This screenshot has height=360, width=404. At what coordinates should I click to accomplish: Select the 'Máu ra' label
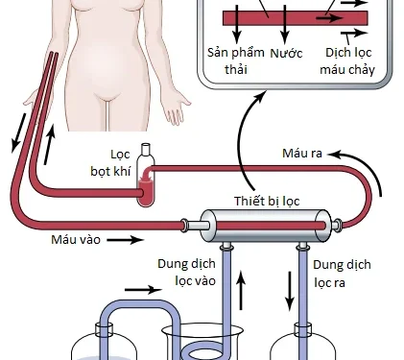click(x=304, y=153)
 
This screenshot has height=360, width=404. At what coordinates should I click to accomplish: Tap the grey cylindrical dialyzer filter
click(x=258, y=226)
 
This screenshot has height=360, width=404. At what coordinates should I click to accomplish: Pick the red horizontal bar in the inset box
click(x=278, y=17)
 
